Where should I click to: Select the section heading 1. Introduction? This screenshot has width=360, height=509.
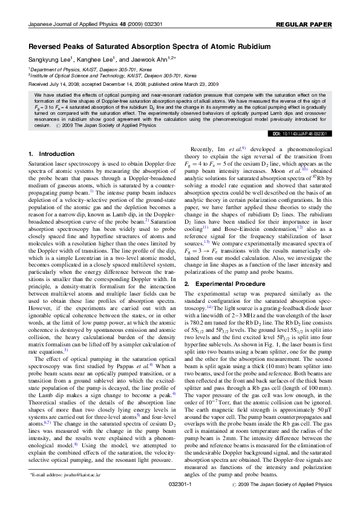pyautogui.click(x=51, y=154)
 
